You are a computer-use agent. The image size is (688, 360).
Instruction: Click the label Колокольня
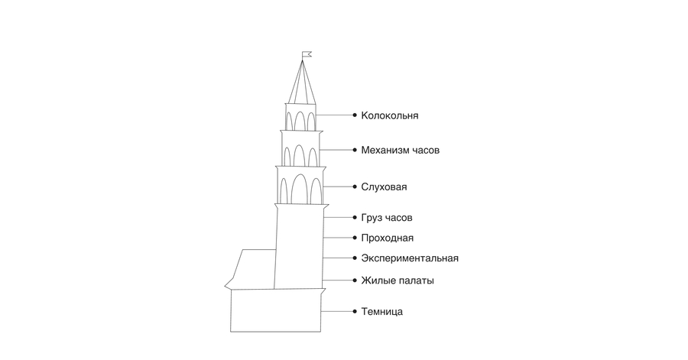coord(390,115)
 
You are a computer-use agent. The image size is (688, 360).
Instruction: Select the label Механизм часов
coord(400,150)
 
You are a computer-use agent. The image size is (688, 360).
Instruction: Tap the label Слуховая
coord(384,186)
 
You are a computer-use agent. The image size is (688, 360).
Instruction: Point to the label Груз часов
coord(387,218)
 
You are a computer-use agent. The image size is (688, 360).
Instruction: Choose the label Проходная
coord(387,238)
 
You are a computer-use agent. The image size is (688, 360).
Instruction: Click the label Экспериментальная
coord(410,258)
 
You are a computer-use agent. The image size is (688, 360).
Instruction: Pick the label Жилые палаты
coord(398,281)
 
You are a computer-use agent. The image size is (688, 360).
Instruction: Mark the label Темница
coord(381,312)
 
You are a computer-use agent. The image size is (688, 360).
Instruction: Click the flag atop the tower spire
coord(307,54)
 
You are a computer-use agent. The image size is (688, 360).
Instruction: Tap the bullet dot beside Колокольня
coord(355,115)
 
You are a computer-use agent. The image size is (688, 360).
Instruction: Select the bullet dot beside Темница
coord(355,311)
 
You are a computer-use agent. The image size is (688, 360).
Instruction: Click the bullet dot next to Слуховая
coord(355,186)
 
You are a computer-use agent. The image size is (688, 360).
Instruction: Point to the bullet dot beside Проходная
coord(355,238)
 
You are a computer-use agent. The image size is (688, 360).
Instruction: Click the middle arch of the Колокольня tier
coord(300,112)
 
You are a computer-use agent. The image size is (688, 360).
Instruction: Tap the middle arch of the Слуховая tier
coord(299,175)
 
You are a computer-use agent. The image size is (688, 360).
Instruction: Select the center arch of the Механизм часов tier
coord(299,145)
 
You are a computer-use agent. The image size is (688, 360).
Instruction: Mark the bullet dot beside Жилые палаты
coord(355,281)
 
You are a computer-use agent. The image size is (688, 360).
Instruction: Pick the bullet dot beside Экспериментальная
coord(355,258)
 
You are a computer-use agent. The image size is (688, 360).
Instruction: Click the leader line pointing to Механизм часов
coord(336,150)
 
